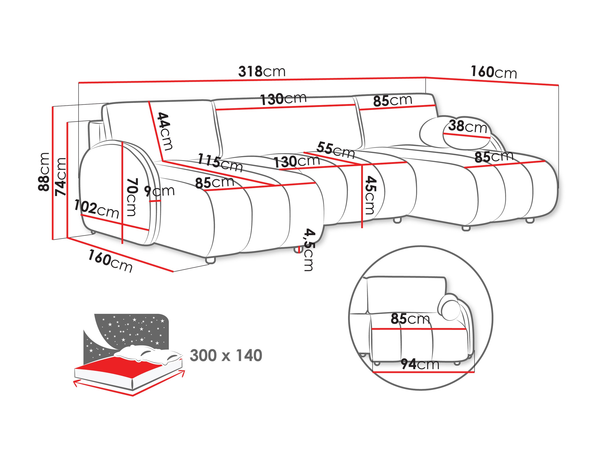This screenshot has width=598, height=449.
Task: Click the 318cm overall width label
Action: click(x=261, y=71)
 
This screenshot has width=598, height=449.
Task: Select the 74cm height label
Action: click(x=60, y=177)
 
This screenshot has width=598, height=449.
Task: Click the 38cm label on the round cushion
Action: click(x=467, y=126)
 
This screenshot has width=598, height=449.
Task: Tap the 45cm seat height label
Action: click(x=370, y=195)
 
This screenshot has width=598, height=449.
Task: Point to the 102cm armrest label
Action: click(x=97, y=209)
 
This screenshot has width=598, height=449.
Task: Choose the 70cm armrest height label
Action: click(x=132, y=197)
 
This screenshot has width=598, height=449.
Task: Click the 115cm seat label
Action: click(x=220, y=162)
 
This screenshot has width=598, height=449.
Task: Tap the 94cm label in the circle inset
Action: click(x=420, y=364)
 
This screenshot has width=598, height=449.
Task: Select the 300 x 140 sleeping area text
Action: click(x=226, y=355)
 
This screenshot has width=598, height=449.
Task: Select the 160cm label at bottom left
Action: click(x=110, y=261)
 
